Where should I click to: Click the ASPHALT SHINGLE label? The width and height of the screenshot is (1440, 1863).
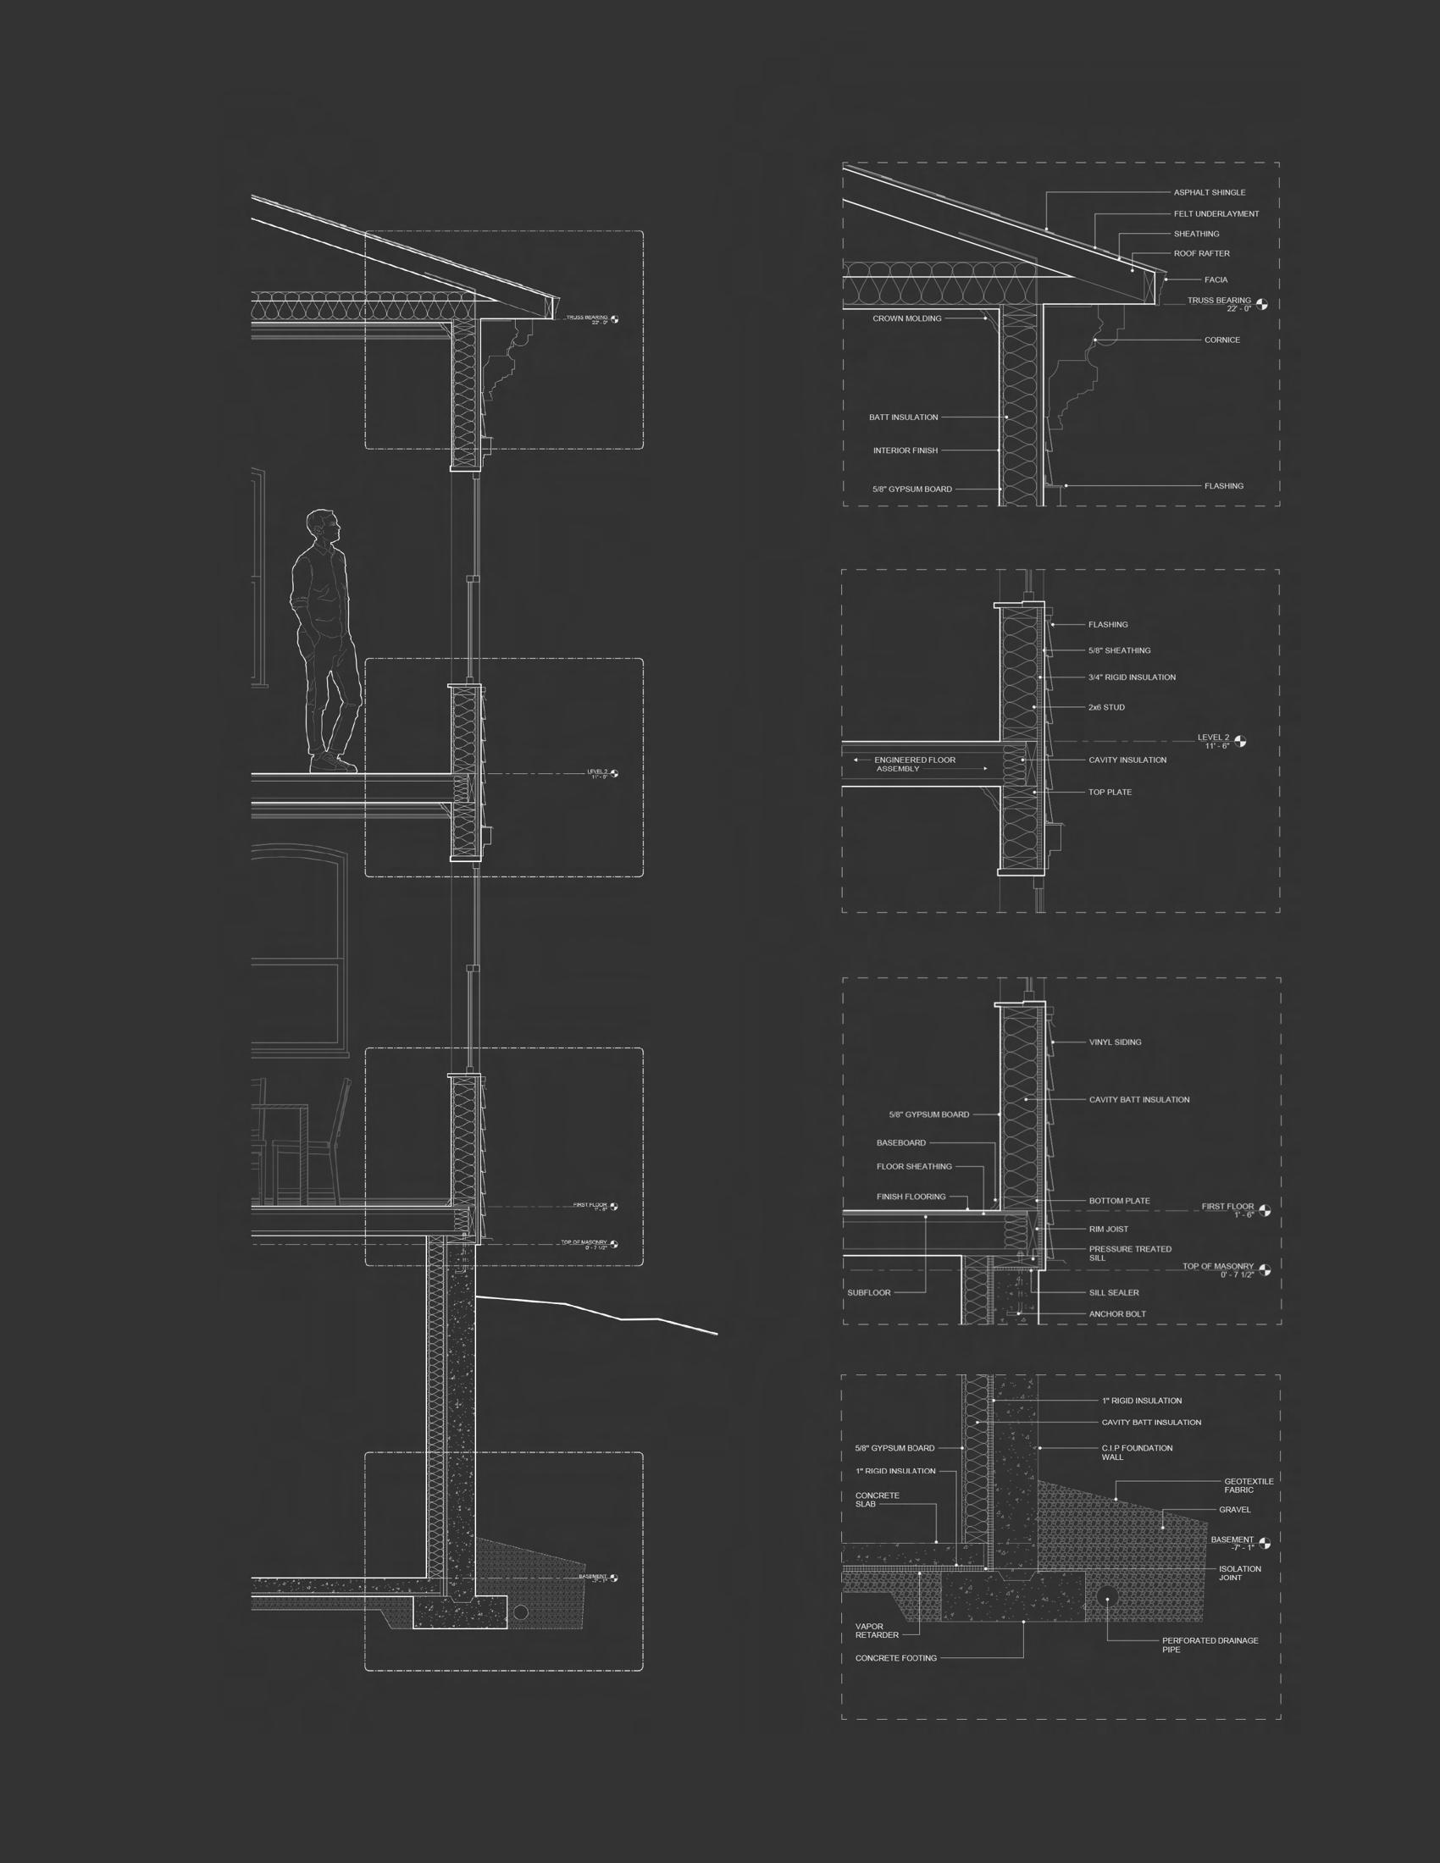1209,193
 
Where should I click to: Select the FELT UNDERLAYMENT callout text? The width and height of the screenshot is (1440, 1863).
1216,214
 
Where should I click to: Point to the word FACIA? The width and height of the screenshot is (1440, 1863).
1216,279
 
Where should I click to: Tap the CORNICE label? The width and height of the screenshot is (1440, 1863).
1221,340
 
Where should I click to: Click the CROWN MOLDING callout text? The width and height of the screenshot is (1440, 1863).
907,319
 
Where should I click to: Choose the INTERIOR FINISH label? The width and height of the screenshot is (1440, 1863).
906,451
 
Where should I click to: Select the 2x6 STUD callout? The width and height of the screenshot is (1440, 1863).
1106,707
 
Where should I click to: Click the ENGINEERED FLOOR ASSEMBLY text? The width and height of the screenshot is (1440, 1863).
915,765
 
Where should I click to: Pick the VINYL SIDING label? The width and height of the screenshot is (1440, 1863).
1115,1042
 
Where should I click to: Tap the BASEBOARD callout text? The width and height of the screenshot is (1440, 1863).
901,1143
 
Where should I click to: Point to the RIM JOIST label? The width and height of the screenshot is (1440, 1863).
1108,1230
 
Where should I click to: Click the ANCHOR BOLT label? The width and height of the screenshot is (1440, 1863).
1117,1314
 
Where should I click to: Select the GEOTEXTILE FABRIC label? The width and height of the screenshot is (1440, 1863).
1248,1486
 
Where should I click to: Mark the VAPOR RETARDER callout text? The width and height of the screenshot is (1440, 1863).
877,1631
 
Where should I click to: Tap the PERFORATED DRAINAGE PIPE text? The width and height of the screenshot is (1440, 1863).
1210,1645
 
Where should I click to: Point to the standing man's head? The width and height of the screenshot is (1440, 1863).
322,525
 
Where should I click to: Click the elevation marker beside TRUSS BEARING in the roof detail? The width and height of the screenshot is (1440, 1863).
1262,305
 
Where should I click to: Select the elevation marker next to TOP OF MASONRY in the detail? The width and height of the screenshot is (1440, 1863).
1265,1269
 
